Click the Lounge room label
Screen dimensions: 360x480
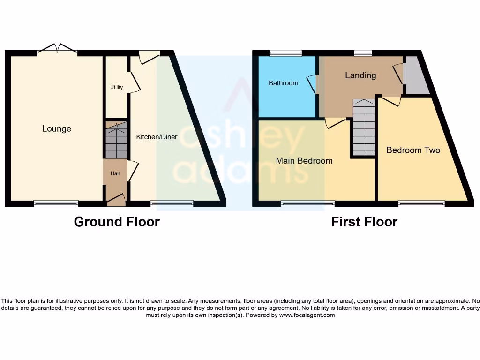pyautogui.click(x=57, y=129)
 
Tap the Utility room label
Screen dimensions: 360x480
pyautogui.click(x=116, y=87)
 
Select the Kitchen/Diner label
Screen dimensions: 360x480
pyautogui.click(x=157, y=137)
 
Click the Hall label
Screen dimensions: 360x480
pyautogui.click(x=115, y=173)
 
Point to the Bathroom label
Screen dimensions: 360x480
pyautogui.click(x=283, y=83)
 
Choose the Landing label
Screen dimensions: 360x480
pyautogui.click(x=360, y=75)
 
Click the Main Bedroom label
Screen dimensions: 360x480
pyautogui.click(x=304, y=161)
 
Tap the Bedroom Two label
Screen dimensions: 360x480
pyautogui.click(x=413, y=150)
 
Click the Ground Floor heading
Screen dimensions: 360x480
pyautogui.click(x=117, y=222)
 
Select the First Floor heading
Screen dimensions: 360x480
pyautogui.click(x=364, y=222)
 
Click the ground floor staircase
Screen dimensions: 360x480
pyautogui.click(x=116, y=141)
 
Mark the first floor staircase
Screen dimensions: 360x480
pyautogui.click(x=364, y=127)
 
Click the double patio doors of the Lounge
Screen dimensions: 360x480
pyautogui.click(x=57, y=49)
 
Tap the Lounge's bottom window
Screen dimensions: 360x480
pyautogui.click(x=56, y=203)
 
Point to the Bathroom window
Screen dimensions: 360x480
pyautogui.click(x=285, y=53)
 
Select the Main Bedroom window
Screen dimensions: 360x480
pyautogui.click(x=308, y=203)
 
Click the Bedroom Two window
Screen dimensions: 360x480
pyautogui.click(x=421, y=203)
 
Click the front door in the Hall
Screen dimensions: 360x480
pyautogui.click(x=116, y=201)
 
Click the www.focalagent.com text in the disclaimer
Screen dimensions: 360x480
pyautogui.click(x=307, y=315)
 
